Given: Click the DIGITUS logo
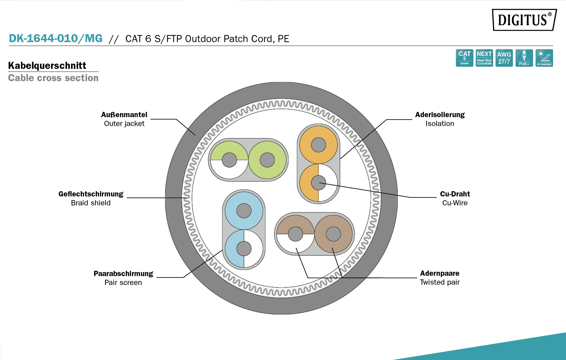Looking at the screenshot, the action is pyautogui.click(x=524, y=20).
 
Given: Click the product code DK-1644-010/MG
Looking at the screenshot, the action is pyautogui.click(x=56, y=38).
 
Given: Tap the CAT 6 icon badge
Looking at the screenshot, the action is pyautogui.click(x=464, y=58).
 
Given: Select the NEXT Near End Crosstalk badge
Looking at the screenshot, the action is pyautogui.click(x=484, y=58).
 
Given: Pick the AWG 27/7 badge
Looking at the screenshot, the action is pyautogui.click(x=504, y=58).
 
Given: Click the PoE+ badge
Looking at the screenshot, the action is pyautogui.click(x=524, y=58).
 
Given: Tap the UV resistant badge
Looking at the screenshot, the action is pyautogui.click(x=544, y=58).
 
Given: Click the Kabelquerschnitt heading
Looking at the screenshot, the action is pyautogui.click(x=47, y=65).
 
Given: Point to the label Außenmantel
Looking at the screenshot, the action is pyautogui.click(x=124, y=115).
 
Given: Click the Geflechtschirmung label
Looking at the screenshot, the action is pyautogui.click(x=91, y=194).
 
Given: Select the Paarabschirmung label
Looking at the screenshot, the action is pyautogui.click(x=123, y=274).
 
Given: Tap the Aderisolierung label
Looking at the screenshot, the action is pyautogui.click(x=440, y=115).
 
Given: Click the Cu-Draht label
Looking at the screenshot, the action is pyautogui.click(x=455, y=194).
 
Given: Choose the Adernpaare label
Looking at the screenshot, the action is pyautogui.click(x=440, y=273).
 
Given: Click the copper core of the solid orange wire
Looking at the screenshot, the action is pyautogui.click(x=318, y=145).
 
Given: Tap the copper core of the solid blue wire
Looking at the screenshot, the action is pyautogui.click(x=244, y=211).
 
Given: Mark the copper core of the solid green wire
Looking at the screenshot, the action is pyautogui.click(x=267, y=160).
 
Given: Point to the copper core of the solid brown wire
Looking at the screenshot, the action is pyautogui.click(x=333, y=234).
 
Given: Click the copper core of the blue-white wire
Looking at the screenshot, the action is pyautogui.click(x=244, y=249).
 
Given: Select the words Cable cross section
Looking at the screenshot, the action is pyautogui.click(x=53, y=78).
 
